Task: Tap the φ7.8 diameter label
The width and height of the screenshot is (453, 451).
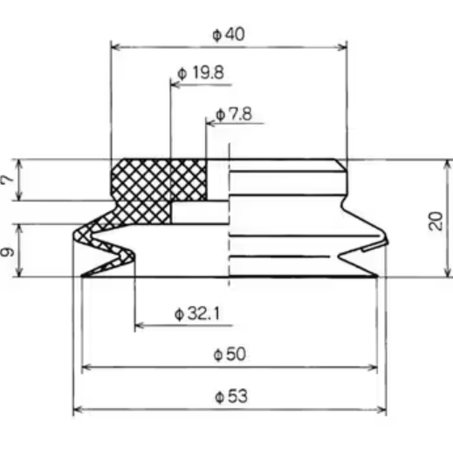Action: pyautogui.click(x=233, y=114)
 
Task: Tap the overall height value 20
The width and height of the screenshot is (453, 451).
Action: pyautogui.click(x=436, y=219)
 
